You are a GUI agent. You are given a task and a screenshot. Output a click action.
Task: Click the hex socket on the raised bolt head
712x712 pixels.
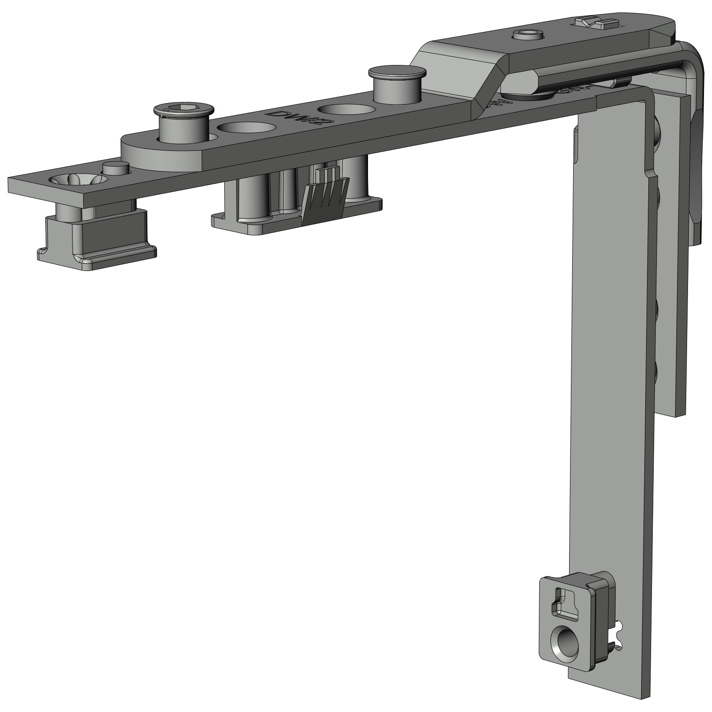pos(184,109)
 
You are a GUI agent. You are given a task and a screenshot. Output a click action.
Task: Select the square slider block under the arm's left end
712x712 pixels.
pos(97,238)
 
